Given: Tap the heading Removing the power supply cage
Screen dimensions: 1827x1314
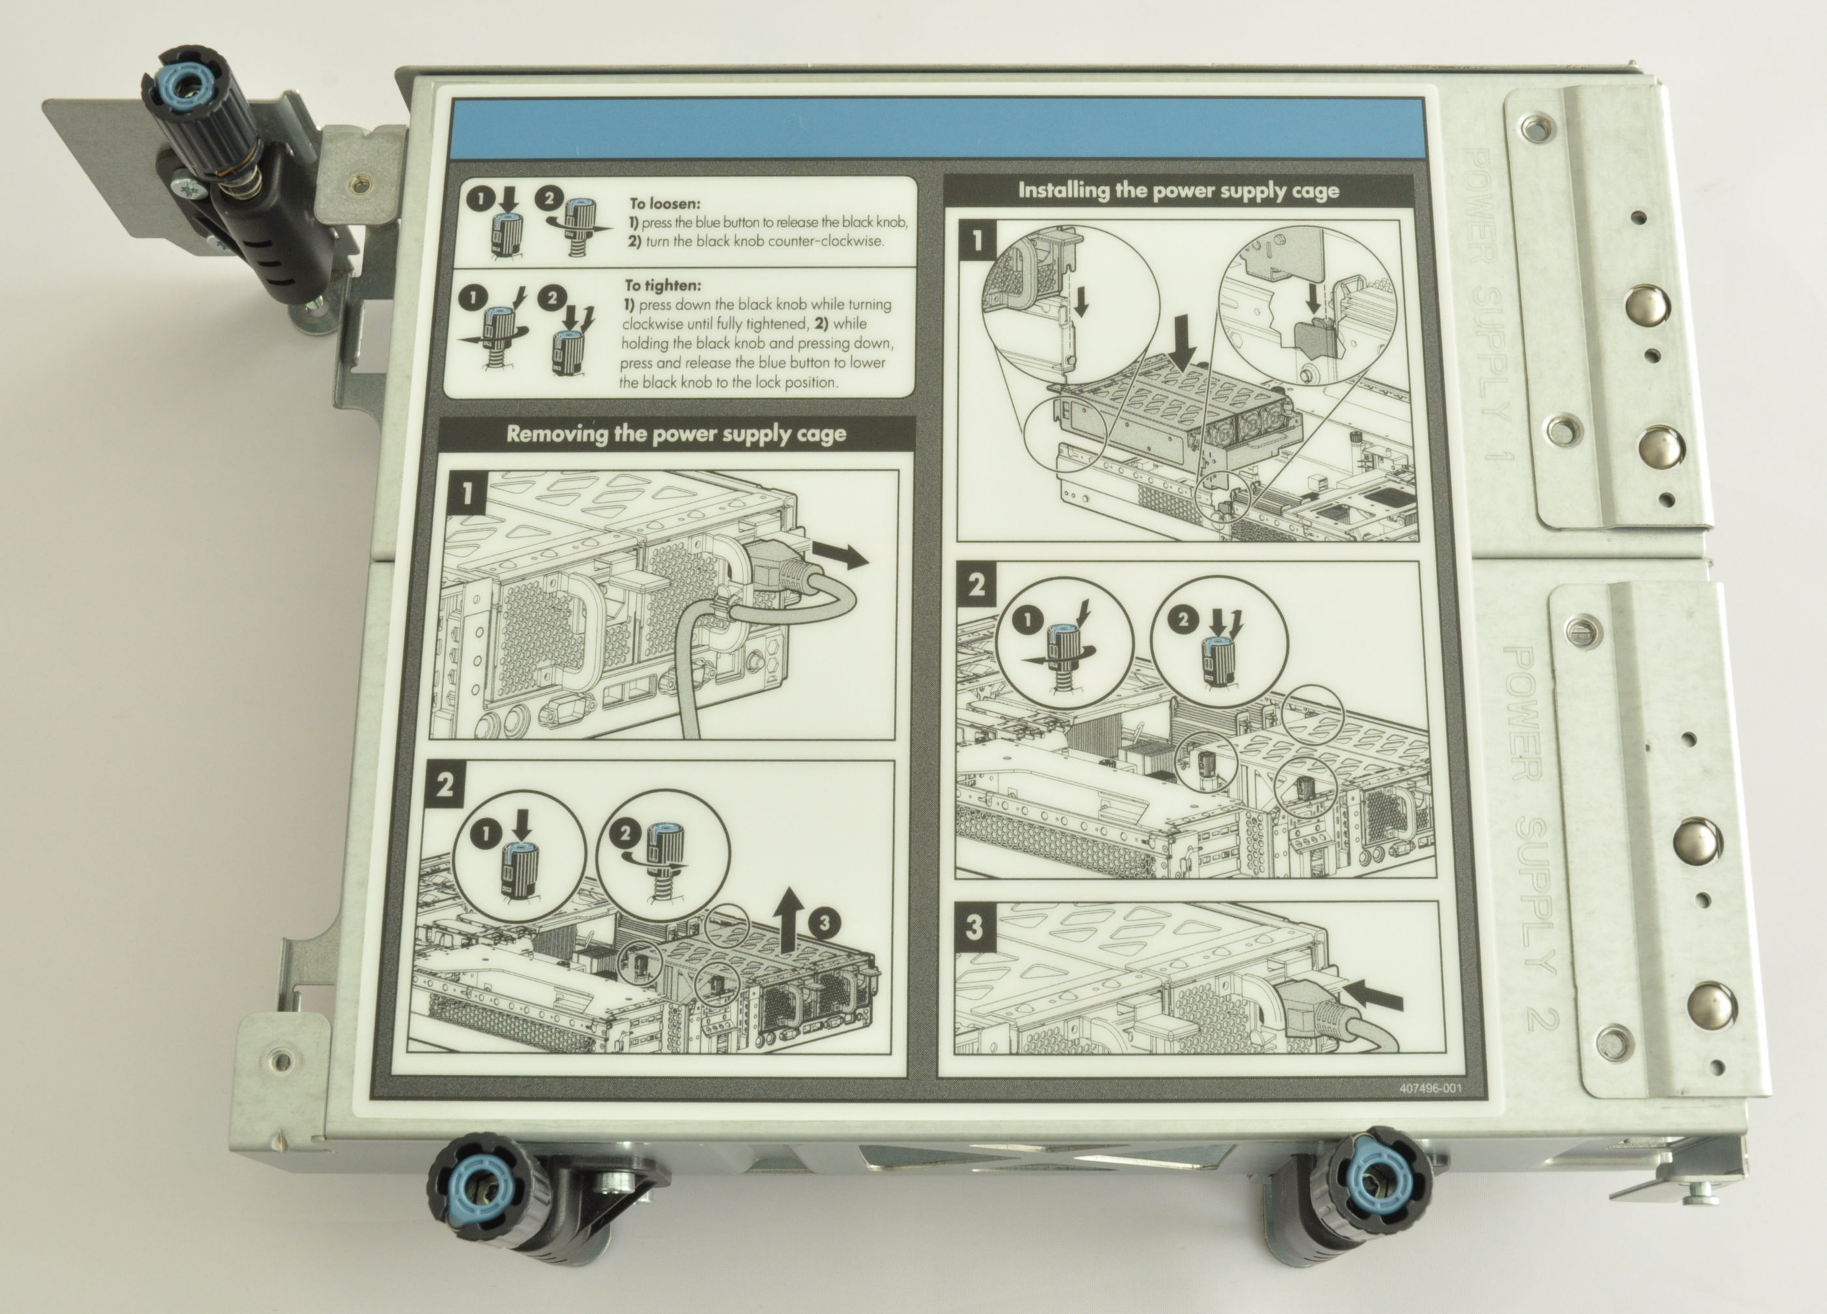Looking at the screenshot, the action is [x=676, y=434].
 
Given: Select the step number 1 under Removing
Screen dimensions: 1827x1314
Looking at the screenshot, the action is [x=467, y=492].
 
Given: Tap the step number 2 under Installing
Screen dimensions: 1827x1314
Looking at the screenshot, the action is [x=976, y=584].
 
